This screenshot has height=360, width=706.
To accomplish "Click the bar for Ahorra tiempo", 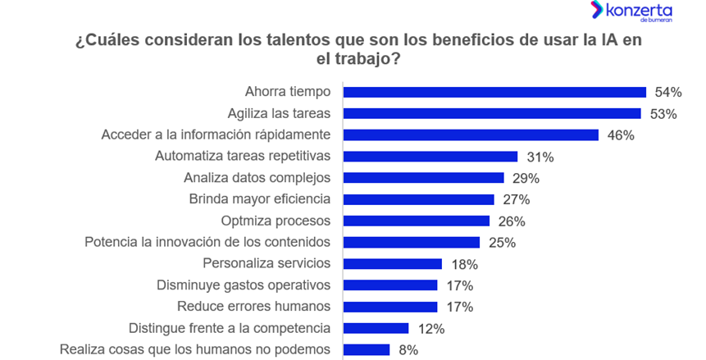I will point(494,92).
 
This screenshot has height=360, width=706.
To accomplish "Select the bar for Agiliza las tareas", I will point(492,113).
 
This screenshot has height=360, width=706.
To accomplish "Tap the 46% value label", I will point(621,135).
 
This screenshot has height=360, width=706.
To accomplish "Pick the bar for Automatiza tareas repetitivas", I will point(430,157).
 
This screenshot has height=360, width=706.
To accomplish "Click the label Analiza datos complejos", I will point(257,177).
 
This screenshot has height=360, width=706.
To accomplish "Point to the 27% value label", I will point(517,199).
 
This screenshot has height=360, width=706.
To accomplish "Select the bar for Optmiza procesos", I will point(416,221).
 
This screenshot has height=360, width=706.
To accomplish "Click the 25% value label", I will point(502,243).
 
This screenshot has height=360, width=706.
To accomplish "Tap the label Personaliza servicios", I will point(266,263).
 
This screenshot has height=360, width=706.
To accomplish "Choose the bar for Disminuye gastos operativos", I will point(390,285).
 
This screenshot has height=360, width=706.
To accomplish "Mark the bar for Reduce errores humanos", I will point(390,307).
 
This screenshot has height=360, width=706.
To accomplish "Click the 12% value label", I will point(430,329).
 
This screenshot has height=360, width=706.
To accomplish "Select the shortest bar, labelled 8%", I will point(366,350).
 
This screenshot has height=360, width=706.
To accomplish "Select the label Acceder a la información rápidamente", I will point(215,134).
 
